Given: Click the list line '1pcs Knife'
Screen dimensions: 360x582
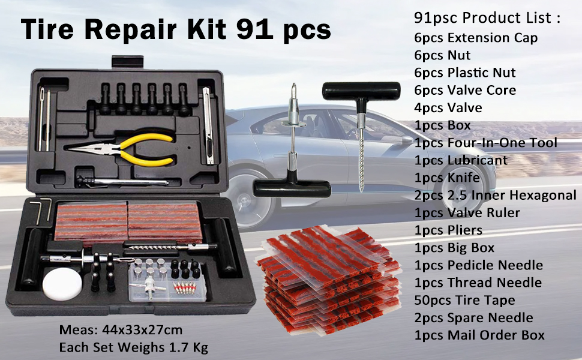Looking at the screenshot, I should (446, 178).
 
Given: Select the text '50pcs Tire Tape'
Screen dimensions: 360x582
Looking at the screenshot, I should (464, 300).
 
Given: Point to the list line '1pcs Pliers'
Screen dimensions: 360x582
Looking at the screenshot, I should (448, 230).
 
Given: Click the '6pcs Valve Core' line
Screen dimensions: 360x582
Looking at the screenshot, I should (465, 90).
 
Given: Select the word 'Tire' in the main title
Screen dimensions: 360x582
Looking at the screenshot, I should (50, 29).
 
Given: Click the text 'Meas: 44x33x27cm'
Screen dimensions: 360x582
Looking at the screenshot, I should (121, 330).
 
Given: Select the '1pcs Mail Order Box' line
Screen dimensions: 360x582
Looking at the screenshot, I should (479, 335).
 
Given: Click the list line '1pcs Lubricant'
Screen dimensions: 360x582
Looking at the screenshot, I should (460, 160).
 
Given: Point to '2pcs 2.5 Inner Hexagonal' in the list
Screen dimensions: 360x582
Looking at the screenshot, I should (495, 195).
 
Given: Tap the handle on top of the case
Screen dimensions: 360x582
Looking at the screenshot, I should (127, 62).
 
